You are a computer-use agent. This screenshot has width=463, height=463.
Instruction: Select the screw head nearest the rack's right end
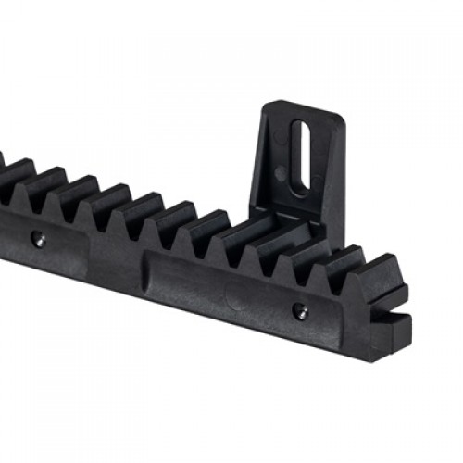pyautogui.click(x=298, y=312)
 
